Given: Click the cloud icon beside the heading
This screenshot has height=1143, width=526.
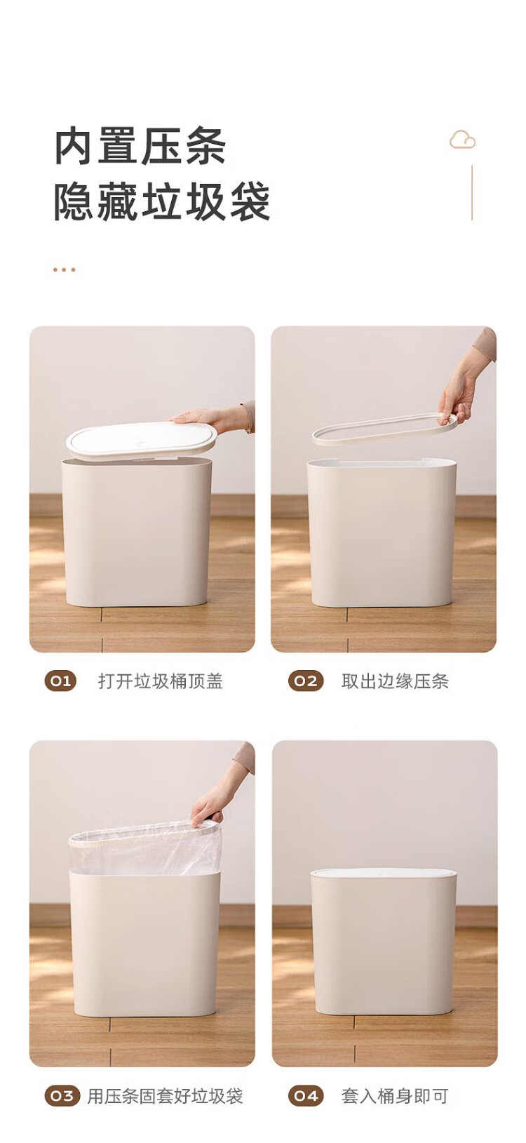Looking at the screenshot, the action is [462, 140].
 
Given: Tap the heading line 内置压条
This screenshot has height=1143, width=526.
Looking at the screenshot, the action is [140, 147].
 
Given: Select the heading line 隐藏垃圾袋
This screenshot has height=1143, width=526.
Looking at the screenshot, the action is [162, 202].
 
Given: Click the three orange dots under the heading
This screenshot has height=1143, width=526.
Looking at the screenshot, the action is [65, 269].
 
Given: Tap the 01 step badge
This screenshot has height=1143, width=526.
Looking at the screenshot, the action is [60, 681].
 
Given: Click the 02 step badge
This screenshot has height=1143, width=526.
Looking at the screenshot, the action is [306, 681].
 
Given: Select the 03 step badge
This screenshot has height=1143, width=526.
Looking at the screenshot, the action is [62, 1095].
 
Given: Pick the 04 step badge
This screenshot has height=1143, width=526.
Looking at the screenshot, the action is [306, 1095].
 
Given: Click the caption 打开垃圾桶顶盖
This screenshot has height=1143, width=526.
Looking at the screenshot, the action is [160, 681].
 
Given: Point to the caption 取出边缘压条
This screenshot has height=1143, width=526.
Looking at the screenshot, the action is [394, 681].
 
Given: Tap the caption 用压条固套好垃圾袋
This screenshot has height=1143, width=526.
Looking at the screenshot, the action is [164, 1095].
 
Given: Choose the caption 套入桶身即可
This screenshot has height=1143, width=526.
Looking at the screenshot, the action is [394, 1095].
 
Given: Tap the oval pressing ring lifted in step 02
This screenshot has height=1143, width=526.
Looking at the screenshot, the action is [384, 429].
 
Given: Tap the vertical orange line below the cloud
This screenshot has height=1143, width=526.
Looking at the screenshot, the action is [472, 192].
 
